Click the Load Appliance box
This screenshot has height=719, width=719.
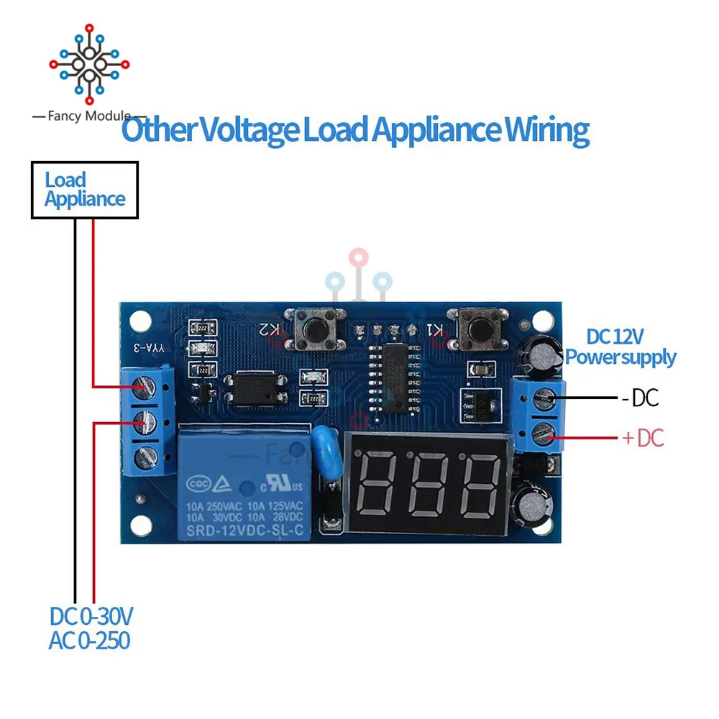coord(84,190)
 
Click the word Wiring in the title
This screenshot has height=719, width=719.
coord(546,131)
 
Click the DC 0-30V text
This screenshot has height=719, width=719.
coord(91,617)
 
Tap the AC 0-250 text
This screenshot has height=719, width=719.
coord(90,640)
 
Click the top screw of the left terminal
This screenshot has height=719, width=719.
coord(147,388)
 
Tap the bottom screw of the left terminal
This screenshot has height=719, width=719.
coord(147,454)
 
